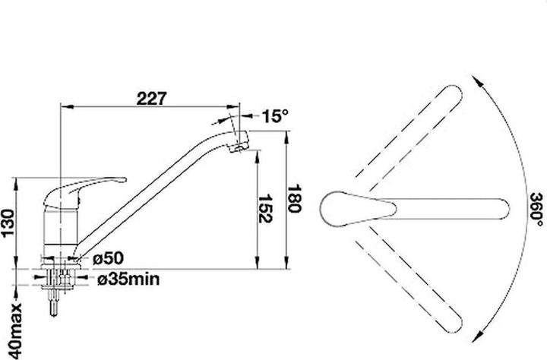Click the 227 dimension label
pyautogui.click(x=152, y=99)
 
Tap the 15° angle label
pyautogui.click(x=275, y=115)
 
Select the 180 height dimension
pyautogui.click(x=294, y=198)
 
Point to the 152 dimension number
pyautogui.click(x=265, y=209)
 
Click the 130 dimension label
pyautogui.click(x=8, y=223)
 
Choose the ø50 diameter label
pyautogui.click(x=108, y=258)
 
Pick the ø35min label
pyautogui.click(x=128, y=279)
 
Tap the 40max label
pyautogui.click(x=15, y=331)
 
